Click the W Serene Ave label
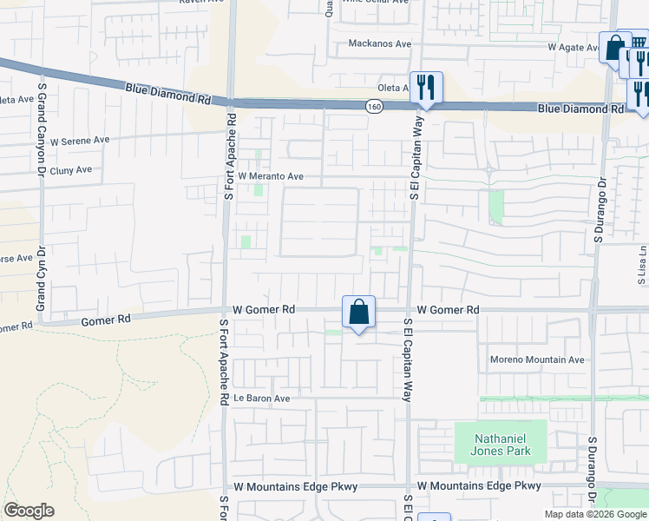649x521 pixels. [80, 141]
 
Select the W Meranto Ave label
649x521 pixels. [271, 176]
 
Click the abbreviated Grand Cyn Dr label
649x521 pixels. [40, 284]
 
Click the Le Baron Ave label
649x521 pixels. [261, 399]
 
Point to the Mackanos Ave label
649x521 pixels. [379, 43]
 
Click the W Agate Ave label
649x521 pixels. [574, 47]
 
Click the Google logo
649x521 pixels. [29, 511]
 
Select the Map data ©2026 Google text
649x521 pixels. [595, 514]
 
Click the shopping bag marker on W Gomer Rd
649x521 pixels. [359, 312]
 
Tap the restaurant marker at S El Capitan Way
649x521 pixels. [426, 87]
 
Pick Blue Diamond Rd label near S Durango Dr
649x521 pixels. [580, 109]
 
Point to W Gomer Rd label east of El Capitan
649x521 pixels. [448, 310]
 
